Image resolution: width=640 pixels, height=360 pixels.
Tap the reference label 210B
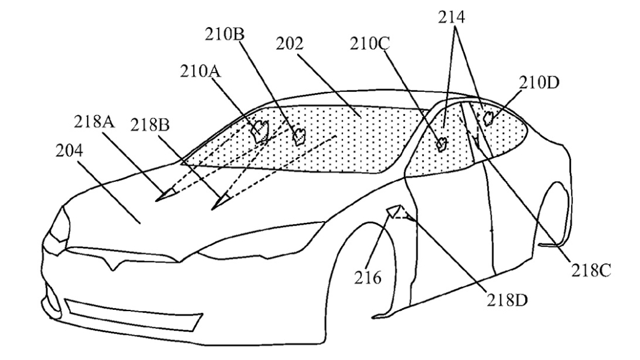pyautogui.click(x=225, y=35)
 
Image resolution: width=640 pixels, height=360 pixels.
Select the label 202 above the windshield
pyautogui.click(x=290, y=43)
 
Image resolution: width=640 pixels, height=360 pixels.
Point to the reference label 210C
pyautogui.click(x=370, y=43)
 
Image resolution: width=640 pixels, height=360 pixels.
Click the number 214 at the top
pyautogui.click(x=452, y=17)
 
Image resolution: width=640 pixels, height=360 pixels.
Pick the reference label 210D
pyautogui.click(x=539, y=83)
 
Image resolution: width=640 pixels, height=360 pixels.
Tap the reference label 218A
pyautogui.click(x=94, y=121)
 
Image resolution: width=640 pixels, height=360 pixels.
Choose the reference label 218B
pyautogui.click(x=150, y=125)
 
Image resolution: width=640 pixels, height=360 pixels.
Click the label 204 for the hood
pyautogui.click(x=69, y=151)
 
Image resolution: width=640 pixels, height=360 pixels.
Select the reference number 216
pyautogui.click(x=367, y=278)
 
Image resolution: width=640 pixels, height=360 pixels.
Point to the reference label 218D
pyautogui.click(x=507, y=300)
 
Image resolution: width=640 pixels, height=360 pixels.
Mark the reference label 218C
pyautogui.click(x=590, y=271)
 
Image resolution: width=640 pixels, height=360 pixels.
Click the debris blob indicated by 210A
pyautogui.click(x=261, y=132)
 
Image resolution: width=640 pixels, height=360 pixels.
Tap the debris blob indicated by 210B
pyautogui.click(x=299, y=136)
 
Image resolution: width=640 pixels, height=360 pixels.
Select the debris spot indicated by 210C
pyautogui.click(x=441, y=144)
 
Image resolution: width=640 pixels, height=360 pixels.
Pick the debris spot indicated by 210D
pyautogui.click(x=488, y=118)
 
